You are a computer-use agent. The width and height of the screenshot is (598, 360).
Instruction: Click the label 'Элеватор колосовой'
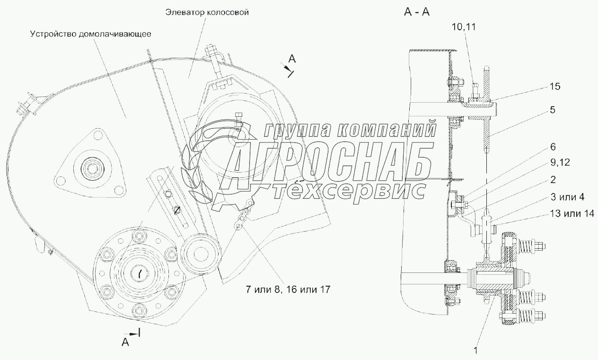[207, 13]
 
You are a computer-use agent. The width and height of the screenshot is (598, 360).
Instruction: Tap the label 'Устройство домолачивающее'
[91, 34]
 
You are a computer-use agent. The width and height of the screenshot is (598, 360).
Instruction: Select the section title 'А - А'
[417, 12]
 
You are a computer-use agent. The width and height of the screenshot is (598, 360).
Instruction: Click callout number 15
[555, 87]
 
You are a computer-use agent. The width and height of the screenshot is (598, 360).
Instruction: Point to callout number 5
[553, 110]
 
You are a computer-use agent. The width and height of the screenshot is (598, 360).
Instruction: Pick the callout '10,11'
[464, 27]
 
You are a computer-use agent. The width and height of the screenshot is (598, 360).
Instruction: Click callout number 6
[553, 147]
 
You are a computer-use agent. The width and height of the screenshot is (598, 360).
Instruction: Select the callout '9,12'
[560, 162]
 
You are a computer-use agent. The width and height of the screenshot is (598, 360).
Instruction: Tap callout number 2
[553, 180]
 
